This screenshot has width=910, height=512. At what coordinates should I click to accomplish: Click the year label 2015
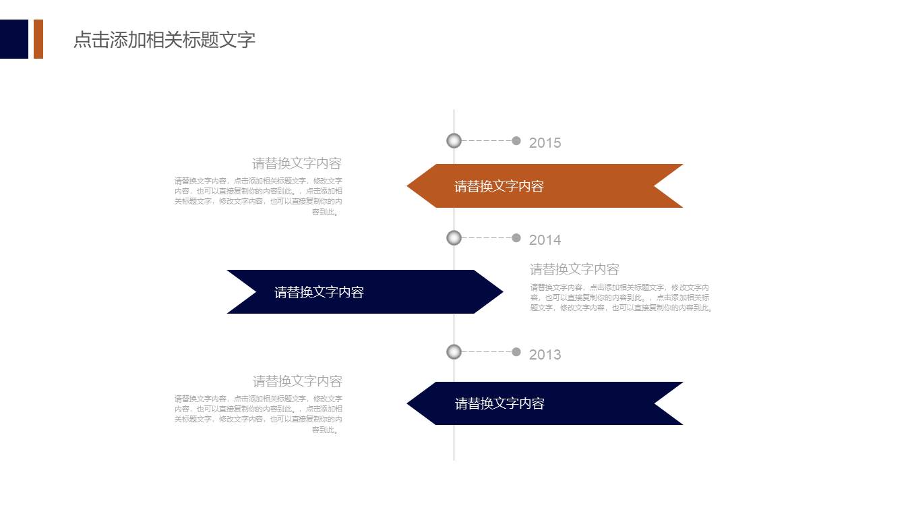coord(545,143)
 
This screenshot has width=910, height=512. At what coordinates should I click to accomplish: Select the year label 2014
coord(545,240)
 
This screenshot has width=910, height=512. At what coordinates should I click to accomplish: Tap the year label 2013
coord(545,355)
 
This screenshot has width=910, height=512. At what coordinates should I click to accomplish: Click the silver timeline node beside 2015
coord(454,140)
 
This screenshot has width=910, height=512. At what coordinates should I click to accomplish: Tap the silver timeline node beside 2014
coord(454,237)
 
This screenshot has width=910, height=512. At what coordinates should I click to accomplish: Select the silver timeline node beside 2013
coord(454,351)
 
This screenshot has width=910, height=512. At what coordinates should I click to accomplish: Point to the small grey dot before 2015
coord(516,140)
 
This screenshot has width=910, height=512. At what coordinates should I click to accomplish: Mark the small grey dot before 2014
coord(516,237)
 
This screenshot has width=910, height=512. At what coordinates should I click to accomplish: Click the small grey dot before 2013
coord(516,351)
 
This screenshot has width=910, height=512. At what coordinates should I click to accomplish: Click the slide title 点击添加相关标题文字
coord(164,40)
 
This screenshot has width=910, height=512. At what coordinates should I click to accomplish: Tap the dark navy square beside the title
coord(14,39)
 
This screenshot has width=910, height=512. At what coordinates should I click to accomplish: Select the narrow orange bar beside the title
coord(38,39)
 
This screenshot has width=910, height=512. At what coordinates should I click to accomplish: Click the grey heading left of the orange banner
coord(297,163)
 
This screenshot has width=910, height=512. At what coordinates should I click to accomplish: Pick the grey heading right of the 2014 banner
coord(574,270)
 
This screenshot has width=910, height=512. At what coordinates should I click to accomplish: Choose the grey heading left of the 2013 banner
coord(297,381)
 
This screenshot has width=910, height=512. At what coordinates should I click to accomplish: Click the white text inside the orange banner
coord(499,187)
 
